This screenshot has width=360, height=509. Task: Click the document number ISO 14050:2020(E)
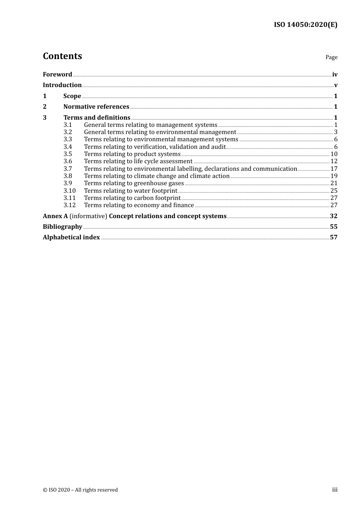click(305, 25)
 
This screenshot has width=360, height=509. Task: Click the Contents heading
click(62, 56)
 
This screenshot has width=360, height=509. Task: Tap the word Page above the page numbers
click(331, 57)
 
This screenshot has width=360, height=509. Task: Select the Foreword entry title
click(57, 74)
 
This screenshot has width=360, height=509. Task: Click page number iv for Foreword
click(335, 75)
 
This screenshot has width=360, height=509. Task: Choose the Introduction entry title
click(62, 85)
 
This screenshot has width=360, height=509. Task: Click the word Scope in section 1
click(72, 96)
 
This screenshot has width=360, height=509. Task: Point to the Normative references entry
click(96, 107)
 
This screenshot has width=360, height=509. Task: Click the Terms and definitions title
click(97, 118)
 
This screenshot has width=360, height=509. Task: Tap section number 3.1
click(68, 125)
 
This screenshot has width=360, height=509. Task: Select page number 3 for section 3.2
click(335, 132)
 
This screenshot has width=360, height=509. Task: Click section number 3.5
click(68, 154)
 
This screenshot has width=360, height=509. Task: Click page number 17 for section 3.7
click(334, 169)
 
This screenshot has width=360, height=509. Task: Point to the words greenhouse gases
click(159, 183)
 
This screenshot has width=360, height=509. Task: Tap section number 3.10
click(69, 191)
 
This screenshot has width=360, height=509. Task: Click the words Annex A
click(55, 216)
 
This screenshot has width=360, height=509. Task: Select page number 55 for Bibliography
click(333, 227)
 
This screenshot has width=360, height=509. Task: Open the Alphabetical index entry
click(71, 237)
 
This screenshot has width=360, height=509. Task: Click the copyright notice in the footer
click(80, 490)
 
